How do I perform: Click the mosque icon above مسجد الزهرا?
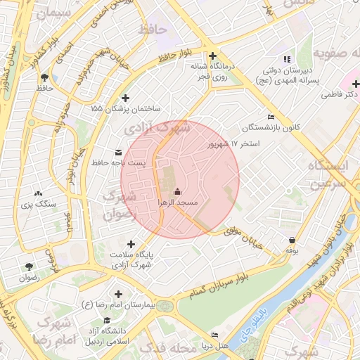click(177, 191)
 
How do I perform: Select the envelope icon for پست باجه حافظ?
click(117, 152)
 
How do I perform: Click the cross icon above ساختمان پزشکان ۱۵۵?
click(126, 98)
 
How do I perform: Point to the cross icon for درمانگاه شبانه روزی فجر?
click(212, 56)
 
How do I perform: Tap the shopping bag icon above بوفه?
click(292, 240)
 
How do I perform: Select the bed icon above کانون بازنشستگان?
click(271, 117)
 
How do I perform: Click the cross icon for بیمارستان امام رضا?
click(117, 293)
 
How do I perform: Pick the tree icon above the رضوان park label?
click(29, 266)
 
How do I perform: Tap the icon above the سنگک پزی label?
click(38, 193)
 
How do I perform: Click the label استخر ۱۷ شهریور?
click(233, 144)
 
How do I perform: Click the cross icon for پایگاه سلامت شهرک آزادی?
click(131, 244)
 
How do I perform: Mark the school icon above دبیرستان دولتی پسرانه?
click(285, 59)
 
